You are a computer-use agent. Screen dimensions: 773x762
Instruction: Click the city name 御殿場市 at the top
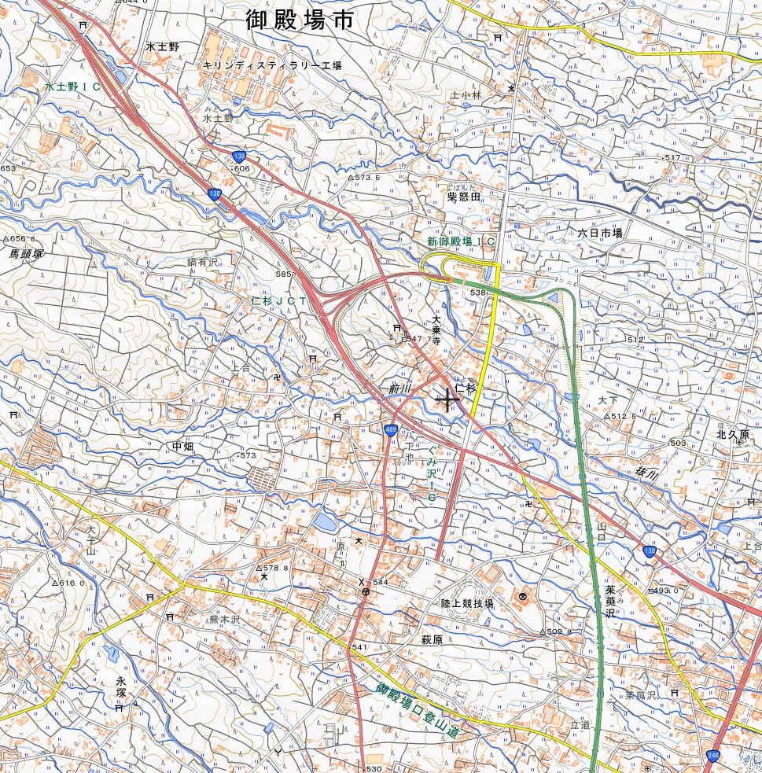(298, 20)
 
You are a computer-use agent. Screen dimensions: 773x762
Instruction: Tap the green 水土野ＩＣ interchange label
(73, 87)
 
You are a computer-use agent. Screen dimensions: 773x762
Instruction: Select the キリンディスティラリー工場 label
(272, 66)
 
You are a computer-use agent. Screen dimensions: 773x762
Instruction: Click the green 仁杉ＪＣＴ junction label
(279, 301)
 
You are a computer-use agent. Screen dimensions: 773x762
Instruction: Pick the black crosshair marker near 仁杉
(447, 399)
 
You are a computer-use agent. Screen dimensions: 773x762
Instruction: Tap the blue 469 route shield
(391, 429)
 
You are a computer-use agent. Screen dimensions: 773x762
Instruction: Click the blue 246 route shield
(712, 755)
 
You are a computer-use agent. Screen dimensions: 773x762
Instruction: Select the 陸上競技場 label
(467, 604)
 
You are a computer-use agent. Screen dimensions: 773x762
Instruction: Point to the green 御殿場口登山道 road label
(416, 709)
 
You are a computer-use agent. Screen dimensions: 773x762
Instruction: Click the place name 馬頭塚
(26, 254)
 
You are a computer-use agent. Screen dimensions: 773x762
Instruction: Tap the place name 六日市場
(599, 234)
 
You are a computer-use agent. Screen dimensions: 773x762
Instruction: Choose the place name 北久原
(733, 434)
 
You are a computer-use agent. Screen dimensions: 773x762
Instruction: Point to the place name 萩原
(432, 640)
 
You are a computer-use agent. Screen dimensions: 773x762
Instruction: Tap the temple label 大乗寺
(436, 329)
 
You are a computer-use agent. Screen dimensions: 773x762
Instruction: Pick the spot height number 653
(8, 169)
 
